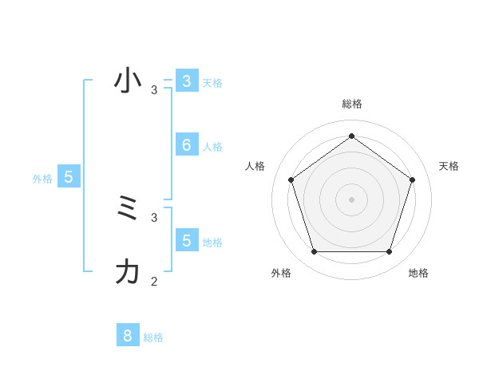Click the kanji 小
tap(128, 81)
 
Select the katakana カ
tap(128, 272)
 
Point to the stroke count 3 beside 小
tap(154, 90)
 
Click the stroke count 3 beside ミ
tap(154, 217)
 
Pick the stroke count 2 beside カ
tap(154, 281)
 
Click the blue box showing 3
tap(186, 81)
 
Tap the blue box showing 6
tap(186, 144)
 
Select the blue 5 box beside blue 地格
tap(186, 239)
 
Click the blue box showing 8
tap(127, 336)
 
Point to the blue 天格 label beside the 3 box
tap(212, 82)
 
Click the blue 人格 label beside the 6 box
tap(212, 147)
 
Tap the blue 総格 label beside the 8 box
tap(153, 337)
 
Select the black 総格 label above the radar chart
tap(352, 104)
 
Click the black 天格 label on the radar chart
tap(449, 166)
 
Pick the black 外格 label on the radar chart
tap(281, 274)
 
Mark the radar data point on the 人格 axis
tap(291, 180)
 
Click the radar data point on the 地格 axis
tap(389, 251)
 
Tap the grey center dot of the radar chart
tap(351, 199)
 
